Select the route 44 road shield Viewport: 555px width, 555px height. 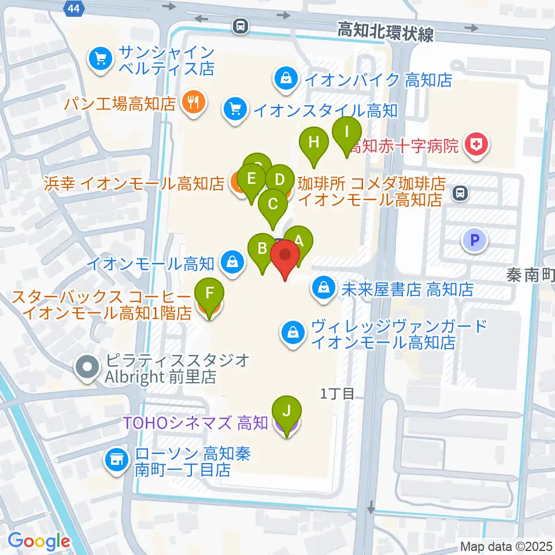(x=73, y=8)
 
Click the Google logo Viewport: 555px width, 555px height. (x=39, y=542)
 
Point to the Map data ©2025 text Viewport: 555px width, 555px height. (x=506, y=546)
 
